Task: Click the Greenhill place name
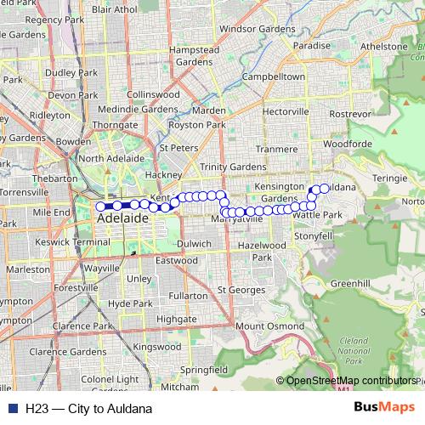pos(350,283)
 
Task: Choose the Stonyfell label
pos(314,235)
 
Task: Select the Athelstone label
pos(384,46)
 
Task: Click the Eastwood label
pos(177,260)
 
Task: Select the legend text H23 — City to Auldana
pos(82,407)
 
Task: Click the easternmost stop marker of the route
pos(325,187)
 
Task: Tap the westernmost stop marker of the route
pos(100,206)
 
